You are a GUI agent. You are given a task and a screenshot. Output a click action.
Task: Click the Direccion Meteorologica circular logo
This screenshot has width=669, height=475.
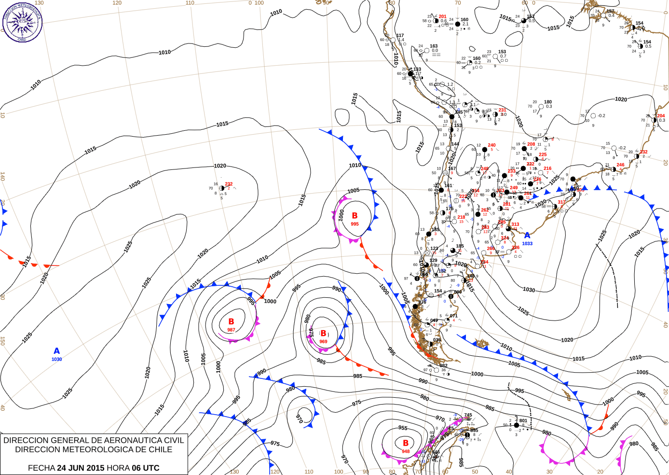[22, 21]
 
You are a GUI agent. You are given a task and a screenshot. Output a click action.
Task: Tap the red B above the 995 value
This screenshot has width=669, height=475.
[355, 216]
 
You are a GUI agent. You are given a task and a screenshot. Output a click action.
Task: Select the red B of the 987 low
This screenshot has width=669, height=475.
[231, 321]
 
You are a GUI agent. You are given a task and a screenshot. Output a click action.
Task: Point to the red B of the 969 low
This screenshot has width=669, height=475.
[323, 334]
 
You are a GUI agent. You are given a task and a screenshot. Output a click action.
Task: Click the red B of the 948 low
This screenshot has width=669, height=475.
[406, 443]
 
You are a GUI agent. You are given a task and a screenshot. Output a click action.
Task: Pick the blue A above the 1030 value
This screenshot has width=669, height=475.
[56, 351]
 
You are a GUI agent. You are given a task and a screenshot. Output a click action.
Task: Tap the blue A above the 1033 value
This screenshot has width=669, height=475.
[527, 235]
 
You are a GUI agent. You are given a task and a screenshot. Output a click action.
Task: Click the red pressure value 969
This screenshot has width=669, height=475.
[323, 342]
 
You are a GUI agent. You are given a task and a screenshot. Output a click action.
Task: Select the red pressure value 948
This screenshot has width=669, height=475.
[406, 452]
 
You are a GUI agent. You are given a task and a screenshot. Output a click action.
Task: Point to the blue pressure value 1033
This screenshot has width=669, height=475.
[527, 243]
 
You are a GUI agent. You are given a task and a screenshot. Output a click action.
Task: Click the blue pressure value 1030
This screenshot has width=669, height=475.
[56, 359]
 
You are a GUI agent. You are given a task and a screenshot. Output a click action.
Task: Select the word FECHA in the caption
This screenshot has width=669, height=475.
[41, 468]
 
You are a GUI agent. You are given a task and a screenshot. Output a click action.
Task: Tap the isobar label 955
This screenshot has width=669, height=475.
[403, 428]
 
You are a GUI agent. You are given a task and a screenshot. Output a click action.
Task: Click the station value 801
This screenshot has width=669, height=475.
[523, 420]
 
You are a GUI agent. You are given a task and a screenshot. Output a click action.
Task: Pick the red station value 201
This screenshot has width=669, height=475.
[442, 16]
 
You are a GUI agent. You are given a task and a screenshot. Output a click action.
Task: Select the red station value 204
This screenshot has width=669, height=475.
[661, 116]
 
